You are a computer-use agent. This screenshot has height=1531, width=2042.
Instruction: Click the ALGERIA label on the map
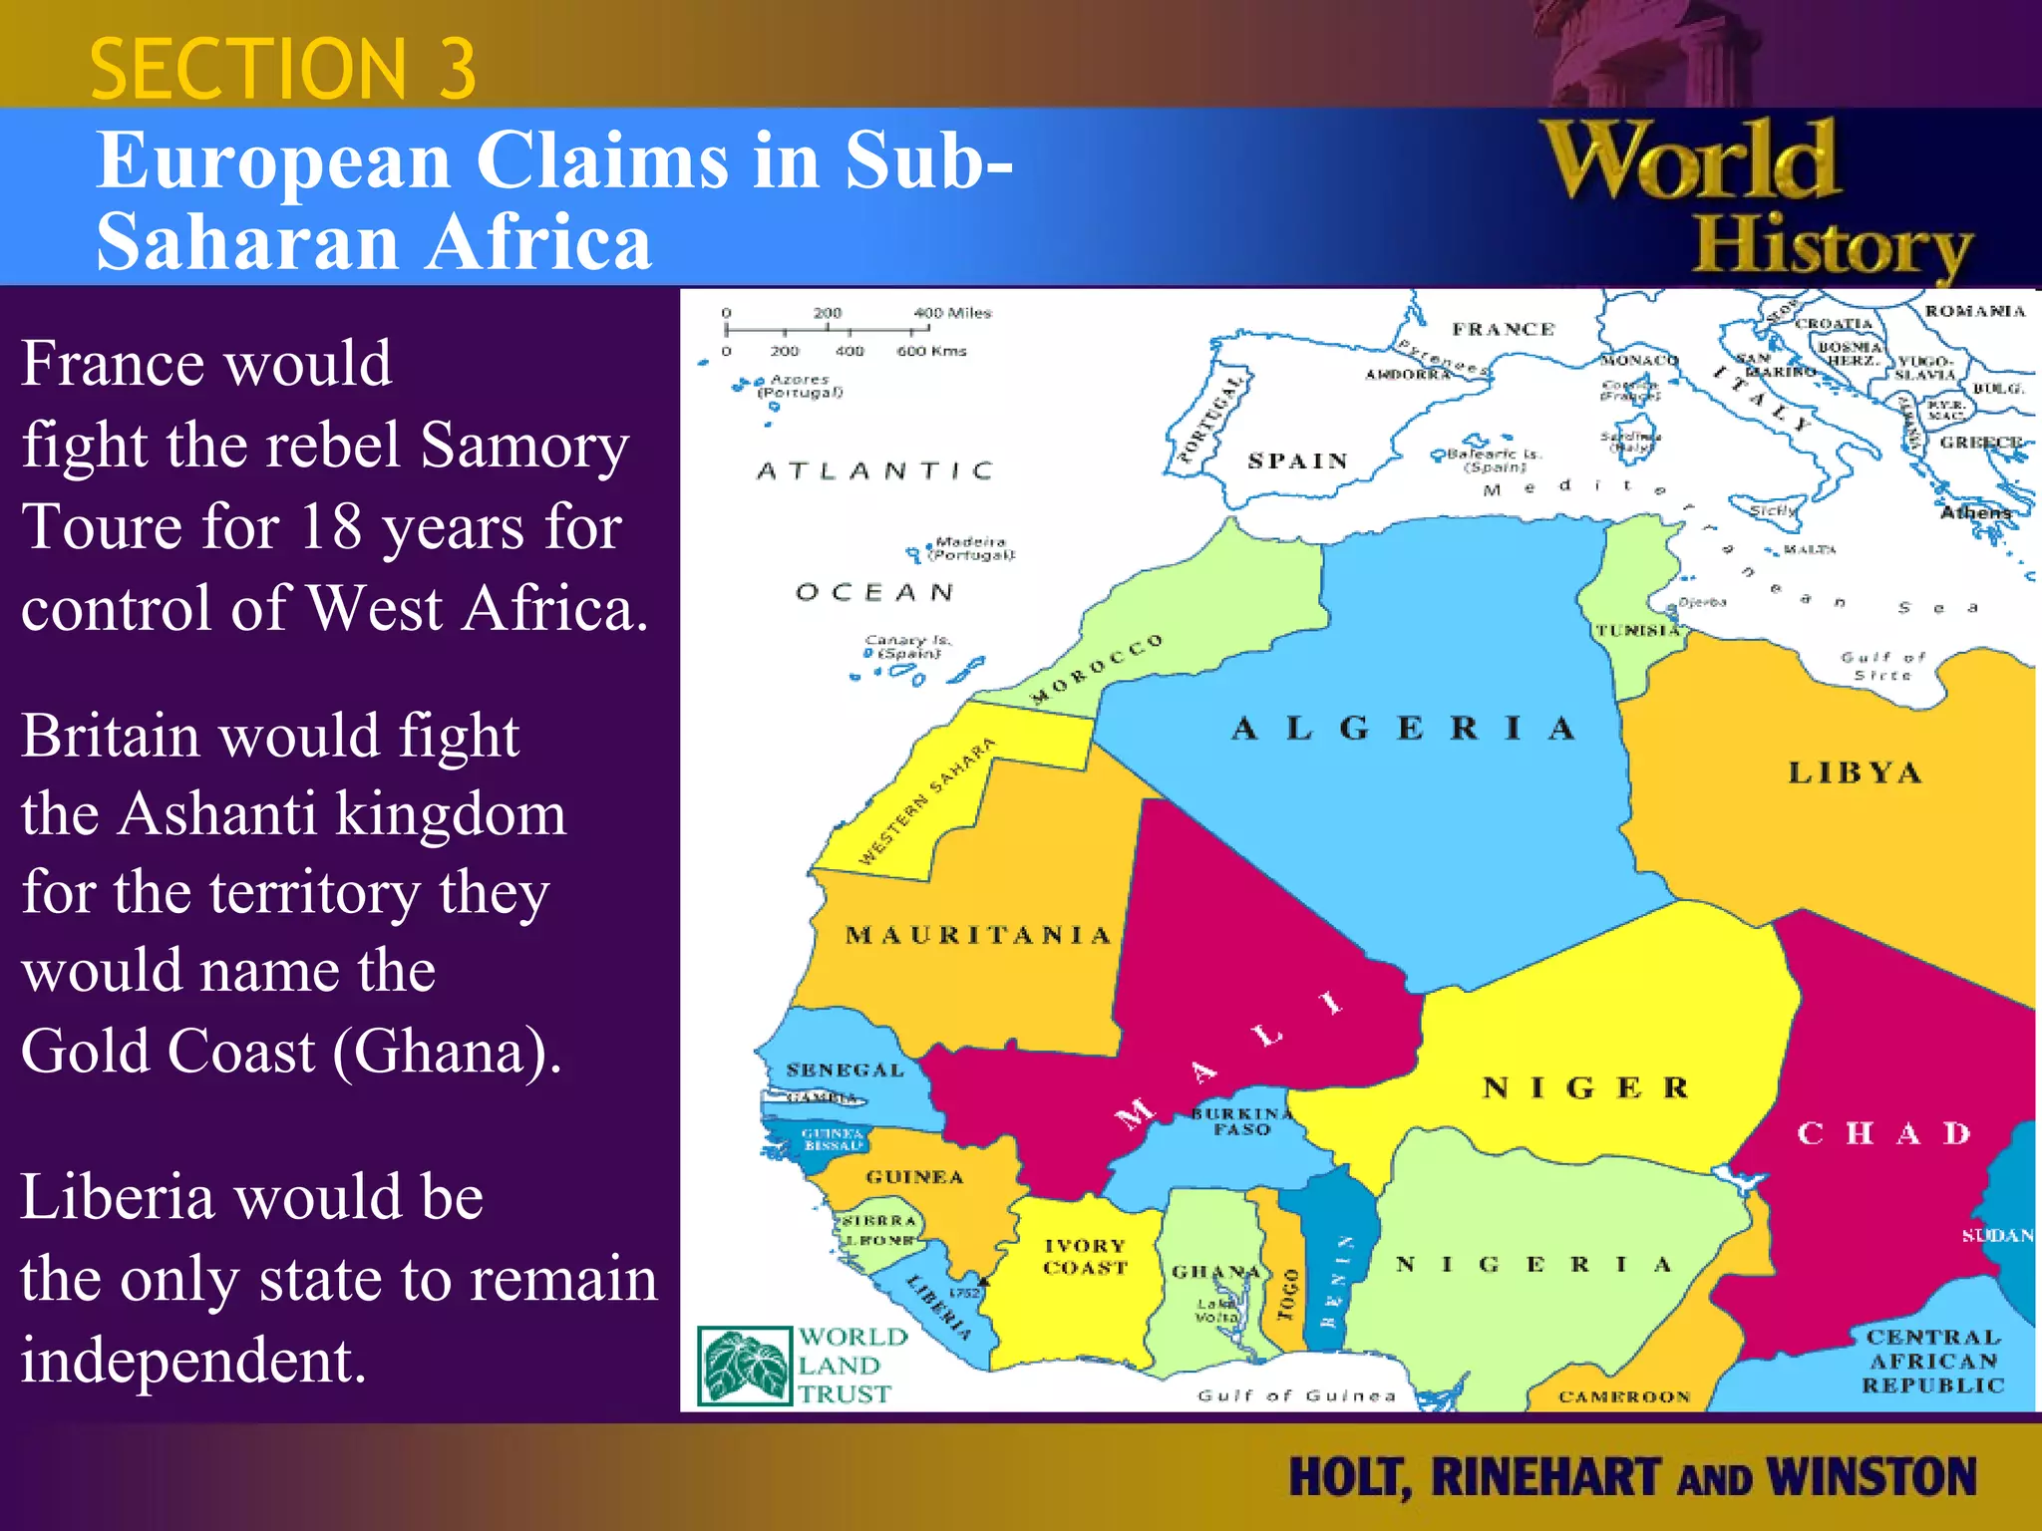pos(1403,729)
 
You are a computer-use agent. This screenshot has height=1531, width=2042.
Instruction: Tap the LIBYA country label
pos(1855,773)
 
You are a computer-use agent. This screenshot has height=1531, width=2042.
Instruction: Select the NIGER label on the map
pos(1585,1087)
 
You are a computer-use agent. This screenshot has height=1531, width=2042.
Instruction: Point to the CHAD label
pos(1884,1133)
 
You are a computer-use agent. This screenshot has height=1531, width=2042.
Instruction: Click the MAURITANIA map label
pos(977,935)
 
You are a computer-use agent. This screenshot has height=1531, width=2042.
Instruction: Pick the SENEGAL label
pos(845,1071)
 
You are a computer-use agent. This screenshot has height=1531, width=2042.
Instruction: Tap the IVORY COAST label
pos(1085,1257)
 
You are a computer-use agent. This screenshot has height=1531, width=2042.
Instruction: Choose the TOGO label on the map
pos(1289,1293)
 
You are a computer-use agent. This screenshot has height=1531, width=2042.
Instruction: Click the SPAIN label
pos(1297,460)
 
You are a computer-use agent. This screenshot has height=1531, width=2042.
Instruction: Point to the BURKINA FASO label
pos(1241,1121)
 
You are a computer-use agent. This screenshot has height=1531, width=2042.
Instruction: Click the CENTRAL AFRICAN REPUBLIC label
pos(1932,1361)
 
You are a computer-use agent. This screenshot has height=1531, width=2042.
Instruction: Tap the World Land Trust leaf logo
pos(745,1366)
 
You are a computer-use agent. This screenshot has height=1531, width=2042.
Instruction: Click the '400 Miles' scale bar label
pos(952,313)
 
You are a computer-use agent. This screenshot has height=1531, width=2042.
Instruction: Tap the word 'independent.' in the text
pos(193,1360)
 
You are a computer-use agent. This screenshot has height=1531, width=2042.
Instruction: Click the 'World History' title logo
pos(1755,199)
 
